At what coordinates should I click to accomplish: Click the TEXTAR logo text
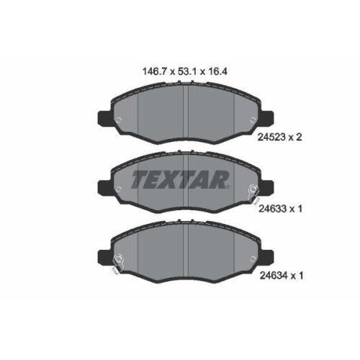click(180, 179)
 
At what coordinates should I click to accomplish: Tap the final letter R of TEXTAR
click(220, 179)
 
